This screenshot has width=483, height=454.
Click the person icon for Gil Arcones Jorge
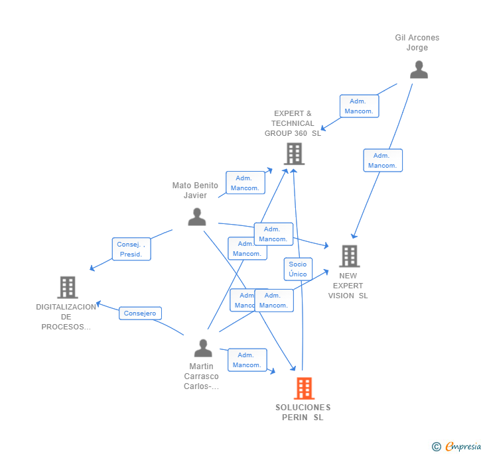(x=419, y=70)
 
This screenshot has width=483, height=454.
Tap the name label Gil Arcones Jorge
(x=417, y=42)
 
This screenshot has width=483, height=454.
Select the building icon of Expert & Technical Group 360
(x=293, y=154)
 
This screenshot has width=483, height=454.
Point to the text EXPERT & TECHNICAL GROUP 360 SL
(x=293, y=123)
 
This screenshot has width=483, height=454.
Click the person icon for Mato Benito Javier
(x=196, y=217)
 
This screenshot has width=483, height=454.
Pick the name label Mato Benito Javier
(x=195, y=190)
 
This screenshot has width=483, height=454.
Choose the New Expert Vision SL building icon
(x=349, y=256)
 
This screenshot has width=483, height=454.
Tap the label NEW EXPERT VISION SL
(x=348, y=286)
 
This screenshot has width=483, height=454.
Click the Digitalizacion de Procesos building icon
(x=68, y=287)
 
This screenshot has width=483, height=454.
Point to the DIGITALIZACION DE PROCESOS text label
(x=66, y=317)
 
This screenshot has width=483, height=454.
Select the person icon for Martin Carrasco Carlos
(x=203, y=348)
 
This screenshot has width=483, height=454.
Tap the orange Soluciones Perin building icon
(x=303, y=388)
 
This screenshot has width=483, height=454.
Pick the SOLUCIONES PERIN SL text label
(x=303, y=412)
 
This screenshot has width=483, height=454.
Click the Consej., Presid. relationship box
(x=131, y=249)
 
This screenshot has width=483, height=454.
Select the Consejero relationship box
(x=140, y=313)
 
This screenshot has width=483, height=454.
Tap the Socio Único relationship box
(x=298, y=269)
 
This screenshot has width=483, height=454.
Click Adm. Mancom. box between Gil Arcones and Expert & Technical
(x=359, y=106)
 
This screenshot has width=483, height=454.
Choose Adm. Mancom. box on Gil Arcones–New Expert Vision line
(x=383, y=160)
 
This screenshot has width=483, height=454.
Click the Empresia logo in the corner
(x=456, y=446)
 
